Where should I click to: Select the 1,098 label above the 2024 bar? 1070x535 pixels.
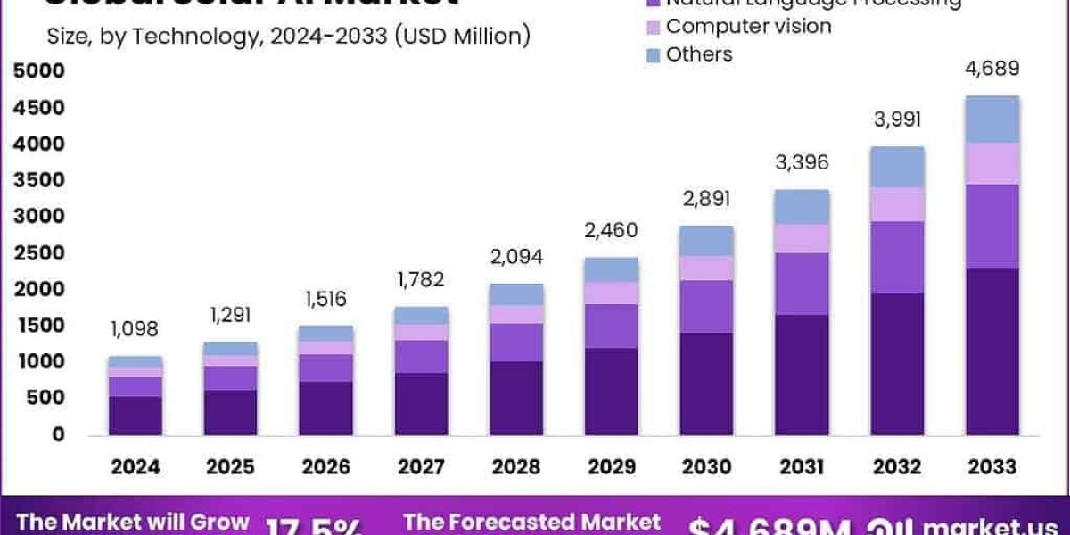coord(134,329)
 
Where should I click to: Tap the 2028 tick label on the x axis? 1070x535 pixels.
coord(516,466)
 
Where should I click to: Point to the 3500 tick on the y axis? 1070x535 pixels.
coord(39,180)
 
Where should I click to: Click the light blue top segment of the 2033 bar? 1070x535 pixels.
coord(992,119)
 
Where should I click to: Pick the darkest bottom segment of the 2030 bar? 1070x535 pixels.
coord(706,384)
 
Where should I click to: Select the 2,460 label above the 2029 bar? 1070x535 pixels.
coord(612,231)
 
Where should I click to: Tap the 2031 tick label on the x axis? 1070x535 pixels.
coord(802,466)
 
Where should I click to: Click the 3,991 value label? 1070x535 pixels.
coord(896,120)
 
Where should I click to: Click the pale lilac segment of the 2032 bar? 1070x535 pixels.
coord(898,204)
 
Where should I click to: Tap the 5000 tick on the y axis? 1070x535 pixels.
coord(39,71)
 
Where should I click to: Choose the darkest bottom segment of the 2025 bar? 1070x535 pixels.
coord(229,412)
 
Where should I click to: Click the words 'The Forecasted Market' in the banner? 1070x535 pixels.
coord(531,522)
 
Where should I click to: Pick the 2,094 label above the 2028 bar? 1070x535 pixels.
coord(516,258)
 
